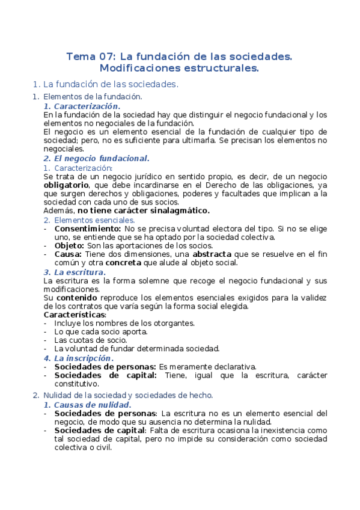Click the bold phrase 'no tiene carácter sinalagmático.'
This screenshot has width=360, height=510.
(144, 210)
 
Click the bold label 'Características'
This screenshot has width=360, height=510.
(75, 314)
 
